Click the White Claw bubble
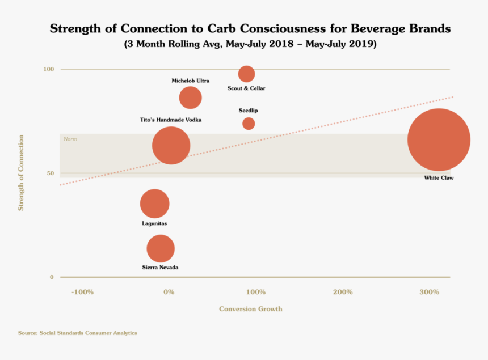click(439, 139)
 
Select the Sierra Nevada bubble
click(161, 248)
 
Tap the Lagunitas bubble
click(154, 204)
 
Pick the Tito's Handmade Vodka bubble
click(171, 146)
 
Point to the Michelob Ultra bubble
click(190, 98)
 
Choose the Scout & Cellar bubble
click(246, 74)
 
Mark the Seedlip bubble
click(249, 124)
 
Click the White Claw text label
click(439, 178)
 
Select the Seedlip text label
click(249, 111)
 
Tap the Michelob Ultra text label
click(190, 81)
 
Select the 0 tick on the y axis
click(52, 277)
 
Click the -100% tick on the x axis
click(82, 292)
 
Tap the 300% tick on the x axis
click(430, 292)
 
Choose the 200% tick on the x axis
click(343, 292)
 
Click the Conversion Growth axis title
click(250, 309)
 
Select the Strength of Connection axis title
click(21, 173)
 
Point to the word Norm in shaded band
click(70, 139)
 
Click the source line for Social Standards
click(77, 333)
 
